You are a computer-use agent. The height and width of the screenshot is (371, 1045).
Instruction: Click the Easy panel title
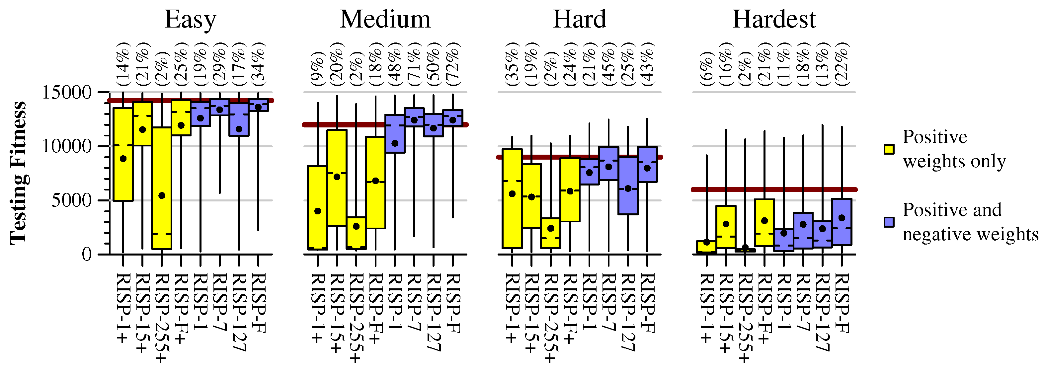click(x=190, y=20)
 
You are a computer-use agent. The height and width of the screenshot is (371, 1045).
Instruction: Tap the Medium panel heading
click(x=385, y=20)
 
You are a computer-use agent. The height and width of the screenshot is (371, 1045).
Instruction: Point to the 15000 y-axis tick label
click(x=67, y=93)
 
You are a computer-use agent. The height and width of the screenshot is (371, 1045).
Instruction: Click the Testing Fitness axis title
click(x=18, y=174)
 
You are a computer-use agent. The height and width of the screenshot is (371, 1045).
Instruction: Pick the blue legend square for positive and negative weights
click(x=889, y=222)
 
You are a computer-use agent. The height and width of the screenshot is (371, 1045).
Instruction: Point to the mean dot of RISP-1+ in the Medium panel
click(x=318, y=211)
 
